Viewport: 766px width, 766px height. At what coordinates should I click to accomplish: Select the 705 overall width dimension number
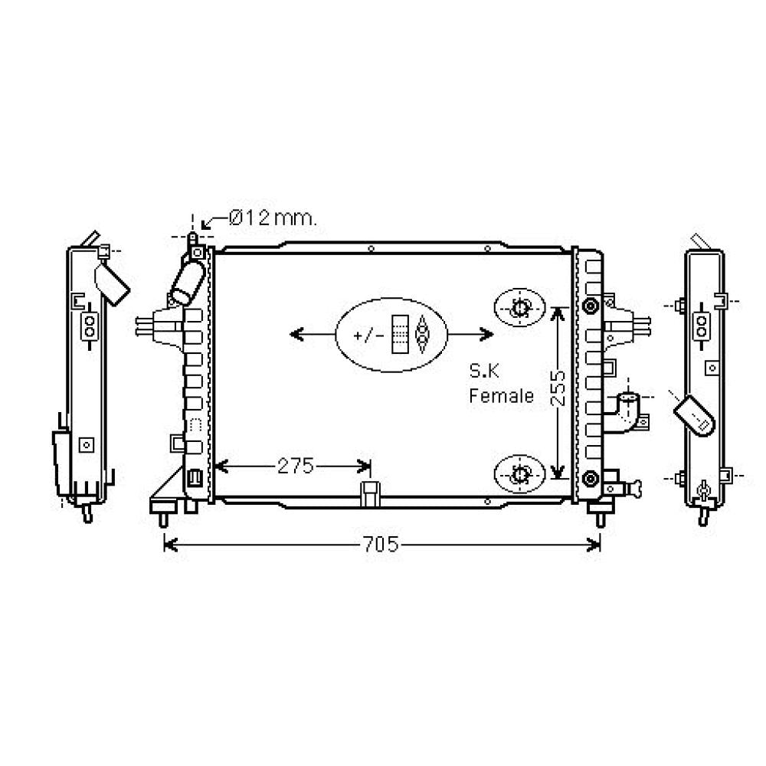[x=381, y=545]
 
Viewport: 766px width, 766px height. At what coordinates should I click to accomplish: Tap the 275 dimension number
[x=296, y=466]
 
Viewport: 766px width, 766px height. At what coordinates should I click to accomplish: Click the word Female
[x=501, y=396]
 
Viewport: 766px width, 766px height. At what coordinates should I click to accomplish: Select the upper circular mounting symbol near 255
[x=520, y=309]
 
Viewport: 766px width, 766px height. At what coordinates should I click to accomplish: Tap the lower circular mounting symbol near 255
[x=520, y=474]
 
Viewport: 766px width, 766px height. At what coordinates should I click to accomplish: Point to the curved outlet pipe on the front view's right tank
[x=627, y=411]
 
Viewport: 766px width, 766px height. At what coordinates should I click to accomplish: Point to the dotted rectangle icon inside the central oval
[x=399, y=335]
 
